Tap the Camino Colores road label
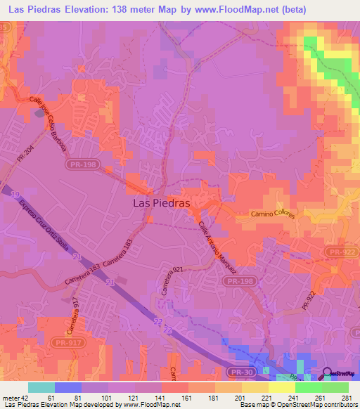point(270,214)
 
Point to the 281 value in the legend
point(346,398)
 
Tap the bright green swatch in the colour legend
point(335,387)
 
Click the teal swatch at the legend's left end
point(41,387)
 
